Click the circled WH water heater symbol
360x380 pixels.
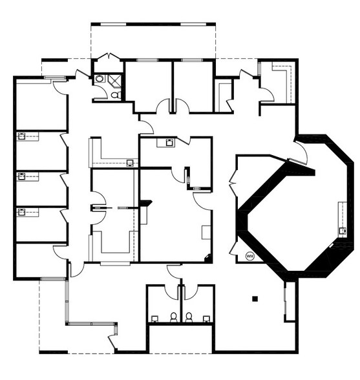[x=249, y=256]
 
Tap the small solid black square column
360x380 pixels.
[x=255, y=299]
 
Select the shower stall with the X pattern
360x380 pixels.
[x=114, y=79]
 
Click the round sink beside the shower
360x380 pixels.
[x=100, y=78]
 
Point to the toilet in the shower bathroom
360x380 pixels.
[x=116, y=95]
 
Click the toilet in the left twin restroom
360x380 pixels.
[x=174, y=317]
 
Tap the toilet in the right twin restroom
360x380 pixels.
[x=189, y=317]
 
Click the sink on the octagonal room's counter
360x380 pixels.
[x=343, y=231]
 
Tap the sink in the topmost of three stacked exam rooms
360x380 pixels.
[x=21, y=136]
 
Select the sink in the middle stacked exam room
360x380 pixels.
[x=21, y=176]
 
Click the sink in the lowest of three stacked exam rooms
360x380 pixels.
[x=21, y=211]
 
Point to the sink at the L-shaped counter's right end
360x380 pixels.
[x=130, y=163]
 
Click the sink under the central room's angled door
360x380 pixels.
[x=169, y=142]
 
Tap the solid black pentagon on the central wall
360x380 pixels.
[x=146, y=203]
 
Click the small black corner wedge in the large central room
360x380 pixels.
[x=208, y=258]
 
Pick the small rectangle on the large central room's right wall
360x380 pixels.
[x=206, y=233]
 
